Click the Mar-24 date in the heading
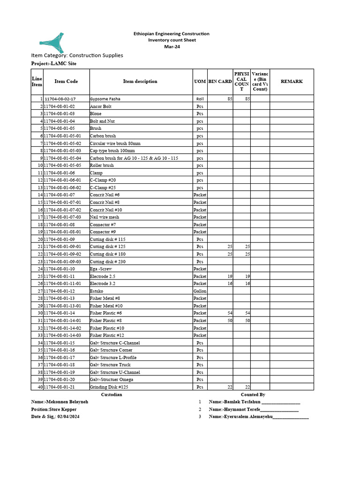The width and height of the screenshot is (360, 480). [171, 46]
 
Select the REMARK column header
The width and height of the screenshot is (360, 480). [291, 82]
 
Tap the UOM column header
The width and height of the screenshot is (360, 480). [200, 82]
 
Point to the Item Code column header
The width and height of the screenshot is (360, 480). [66, 82]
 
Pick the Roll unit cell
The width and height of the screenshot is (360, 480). [200, 99]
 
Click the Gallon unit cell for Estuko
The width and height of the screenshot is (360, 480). [200, 291]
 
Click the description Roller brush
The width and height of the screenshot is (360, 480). [102, 165]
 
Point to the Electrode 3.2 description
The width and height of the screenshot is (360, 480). [102, 284]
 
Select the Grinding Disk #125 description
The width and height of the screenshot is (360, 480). [109, 387]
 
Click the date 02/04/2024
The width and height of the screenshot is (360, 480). [69, 416]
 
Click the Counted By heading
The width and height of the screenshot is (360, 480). [253, 395]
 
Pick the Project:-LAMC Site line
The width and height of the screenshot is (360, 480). [54, 63]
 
